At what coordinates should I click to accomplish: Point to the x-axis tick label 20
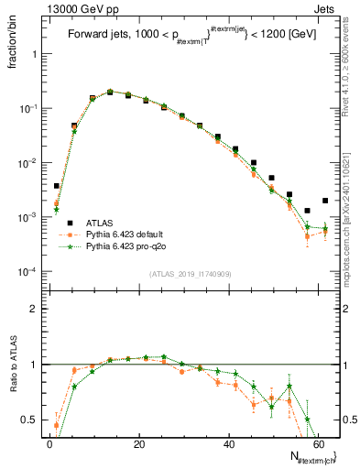(x=138, y=444)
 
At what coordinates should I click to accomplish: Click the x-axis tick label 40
(x=228, y=444)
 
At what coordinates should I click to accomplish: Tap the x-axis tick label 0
(x=49, y=444)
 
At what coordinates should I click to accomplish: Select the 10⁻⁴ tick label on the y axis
(x=26, y=272)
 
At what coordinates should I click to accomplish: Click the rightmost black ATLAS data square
(x=325, y=201)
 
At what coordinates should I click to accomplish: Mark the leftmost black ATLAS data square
(x=57, y=186)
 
